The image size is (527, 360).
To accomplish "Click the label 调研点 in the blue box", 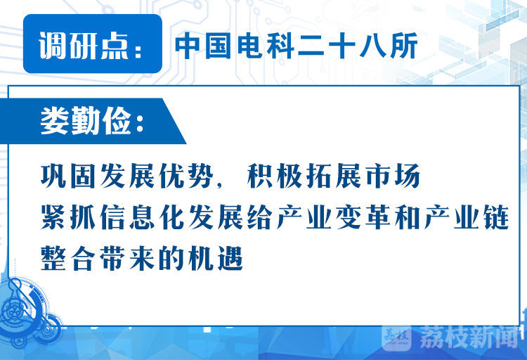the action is pos(84,46).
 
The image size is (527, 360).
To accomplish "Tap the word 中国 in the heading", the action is pos(203,46).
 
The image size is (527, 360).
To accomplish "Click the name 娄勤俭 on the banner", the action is pos(86,121).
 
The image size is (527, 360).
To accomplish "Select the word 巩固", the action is pos(68,176).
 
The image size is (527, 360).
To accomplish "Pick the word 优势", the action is pos(186,176).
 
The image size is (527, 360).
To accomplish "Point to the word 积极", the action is pos(275,176).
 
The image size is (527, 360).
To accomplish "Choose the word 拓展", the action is pos(334,176).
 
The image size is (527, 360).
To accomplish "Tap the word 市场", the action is pos(393,176).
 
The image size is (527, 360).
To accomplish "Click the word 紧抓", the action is pos(68,217).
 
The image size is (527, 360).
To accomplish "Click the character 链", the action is pos(496,217).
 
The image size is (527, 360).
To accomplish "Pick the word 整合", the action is pos(68,258).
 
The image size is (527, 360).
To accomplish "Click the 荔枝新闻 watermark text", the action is pos(469,337).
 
